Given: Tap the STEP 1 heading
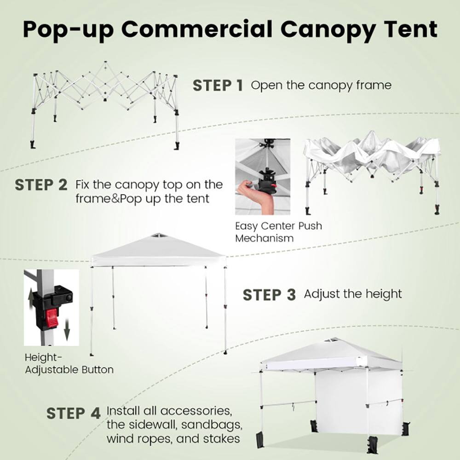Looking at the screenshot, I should click(x=218, y=86).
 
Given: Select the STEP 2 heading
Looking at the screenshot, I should click(x=41, y=185).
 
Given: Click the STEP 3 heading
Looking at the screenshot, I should click(x=269, y=295).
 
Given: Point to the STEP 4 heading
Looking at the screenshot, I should click(x=73, y=413).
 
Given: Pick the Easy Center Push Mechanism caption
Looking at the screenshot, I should click(x=278, y=232).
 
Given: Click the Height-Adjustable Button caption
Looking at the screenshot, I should click(x=69, y=363).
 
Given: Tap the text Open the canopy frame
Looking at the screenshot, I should click(x=321, y=85).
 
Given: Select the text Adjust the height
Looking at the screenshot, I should click(x=353, y=293).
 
